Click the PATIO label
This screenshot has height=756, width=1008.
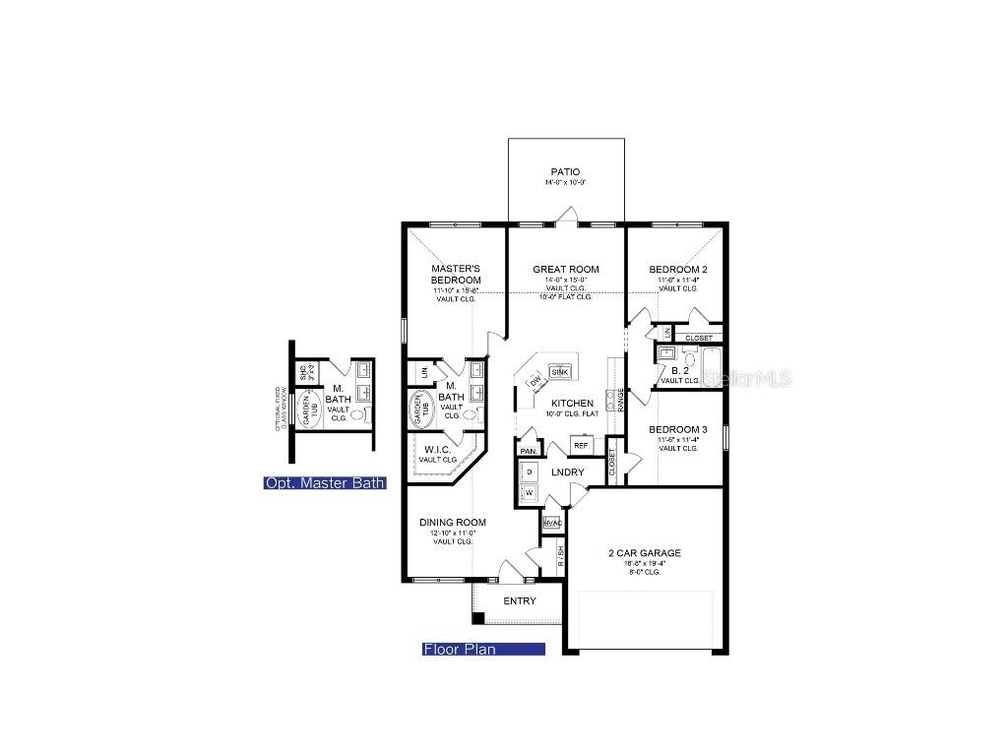565,172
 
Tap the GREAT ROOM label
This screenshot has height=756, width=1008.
565,269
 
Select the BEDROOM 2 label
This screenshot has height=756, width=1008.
677,269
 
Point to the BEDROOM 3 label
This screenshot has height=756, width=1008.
677,429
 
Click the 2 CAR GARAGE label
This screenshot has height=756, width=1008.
645,553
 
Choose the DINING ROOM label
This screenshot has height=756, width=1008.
452,523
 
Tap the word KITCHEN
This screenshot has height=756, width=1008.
571,404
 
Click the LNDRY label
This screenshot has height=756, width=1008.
568,472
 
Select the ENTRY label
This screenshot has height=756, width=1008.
520,600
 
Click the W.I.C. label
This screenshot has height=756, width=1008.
437,450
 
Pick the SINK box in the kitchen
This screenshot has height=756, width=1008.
559,372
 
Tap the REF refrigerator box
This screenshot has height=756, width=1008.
580,446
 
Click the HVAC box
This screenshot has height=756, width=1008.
551,524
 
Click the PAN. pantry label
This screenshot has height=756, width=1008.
529,451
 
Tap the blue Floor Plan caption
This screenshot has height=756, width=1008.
483,650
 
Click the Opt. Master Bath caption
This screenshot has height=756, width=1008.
324,483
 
